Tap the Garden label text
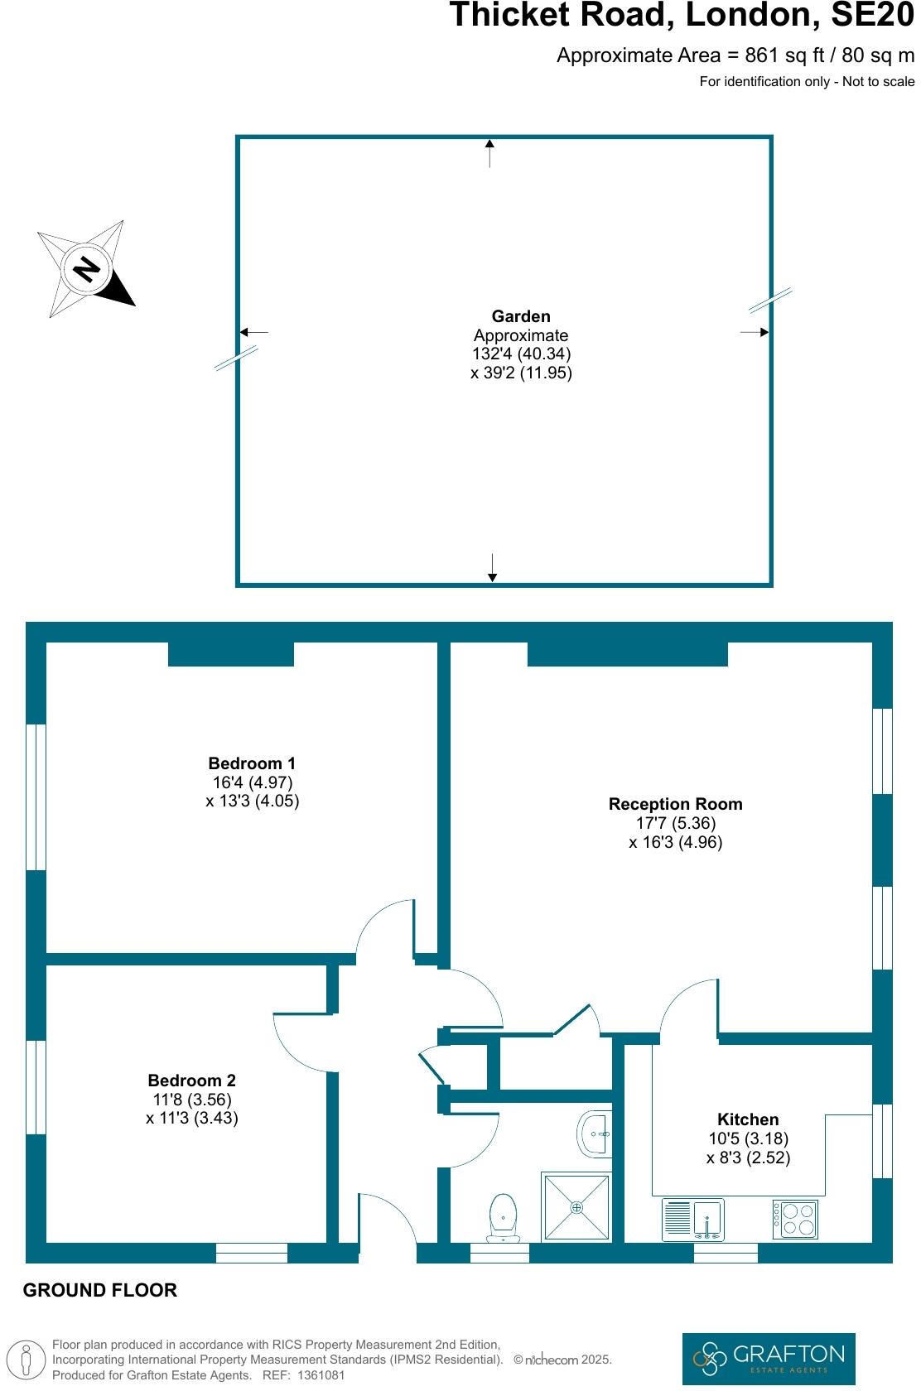[521, 316]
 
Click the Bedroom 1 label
[252, 763]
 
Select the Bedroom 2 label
[191, 1081]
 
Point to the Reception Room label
[675, 804]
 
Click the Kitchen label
[748, 1119]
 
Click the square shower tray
[576, 1207]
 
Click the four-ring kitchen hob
[796, 1219]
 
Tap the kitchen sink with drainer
[694, 1219]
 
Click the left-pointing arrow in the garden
[253, 332]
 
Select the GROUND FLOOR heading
[100, 1290]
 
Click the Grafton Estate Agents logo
[769, 1358]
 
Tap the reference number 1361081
[321, 1375]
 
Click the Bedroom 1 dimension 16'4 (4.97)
[253, 782]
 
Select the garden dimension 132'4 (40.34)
[522, 354]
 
